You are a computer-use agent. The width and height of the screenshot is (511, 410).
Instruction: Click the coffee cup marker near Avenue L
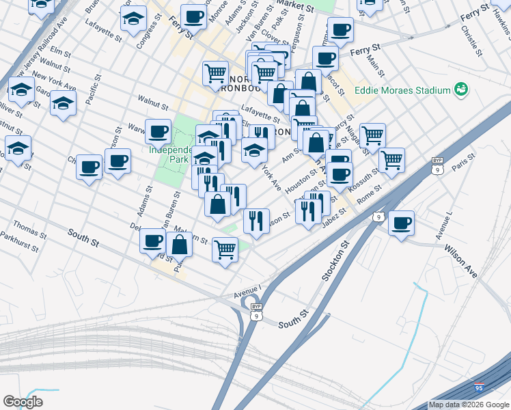[x=402, y=222]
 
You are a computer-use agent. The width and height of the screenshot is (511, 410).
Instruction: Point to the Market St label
[x=295, y=7]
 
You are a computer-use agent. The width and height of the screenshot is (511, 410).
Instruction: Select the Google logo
[x=23, y=402]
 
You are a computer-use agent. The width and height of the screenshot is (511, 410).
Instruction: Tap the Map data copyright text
[x=468, y=405]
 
